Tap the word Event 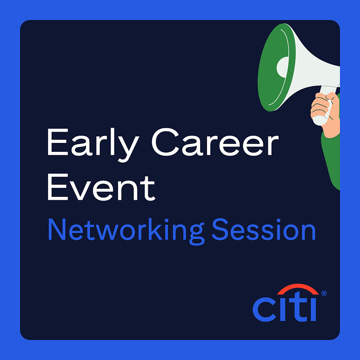pos(101,187)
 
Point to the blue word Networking pos(126,231)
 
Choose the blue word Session pos(264,229)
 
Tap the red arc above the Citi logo pos(298,288)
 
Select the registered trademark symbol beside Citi pos(324,293)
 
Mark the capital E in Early pos(58,142)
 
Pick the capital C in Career pos(165,142)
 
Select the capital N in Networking pos(57,229)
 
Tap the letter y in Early pos(128,149)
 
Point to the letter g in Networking pos(197,234)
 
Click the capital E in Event pos(58,187)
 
